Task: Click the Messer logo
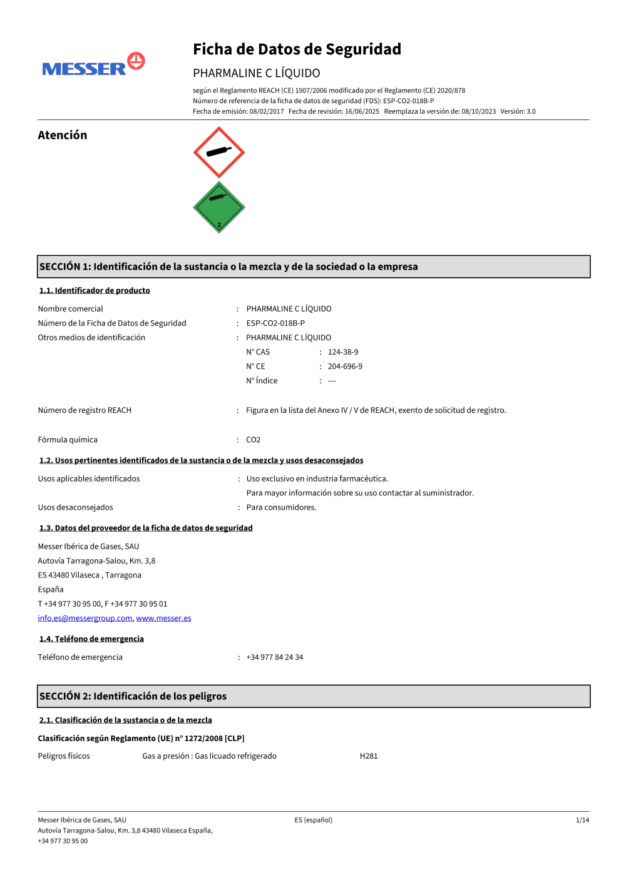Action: (x=93, y=65)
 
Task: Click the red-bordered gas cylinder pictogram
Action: (x=218, y=152)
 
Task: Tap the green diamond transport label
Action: (x=218, y=208)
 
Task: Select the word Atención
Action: (x=63, y=135)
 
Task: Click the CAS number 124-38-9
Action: (x=343, y=352)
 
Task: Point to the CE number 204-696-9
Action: (x=345, y=367)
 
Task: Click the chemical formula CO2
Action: (x=253, y=440)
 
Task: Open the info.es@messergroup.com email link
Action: (x=85, y=618)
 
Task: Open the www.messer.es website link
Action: (x=163, y=618)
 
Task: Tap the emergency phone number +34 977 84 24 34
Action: (x=274, y=657)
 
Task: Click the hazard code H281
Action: (x=369, y=756)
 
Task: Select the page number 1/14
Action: (x=582, y=820)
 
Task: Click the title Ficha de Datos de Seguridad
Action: (x=297, y=49)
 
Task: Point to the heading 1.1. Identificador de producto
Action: (x=95, y=290)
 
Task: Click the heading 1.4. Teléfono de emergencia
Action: (x=91, y=639)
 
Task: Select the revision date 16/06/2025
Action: (x=362, y=111)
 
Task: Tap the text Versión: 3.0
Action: (x=518, y=111)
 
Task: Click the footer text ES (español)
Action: (x=314, y=820)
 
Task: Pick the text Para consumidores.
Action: (x=281, y=507)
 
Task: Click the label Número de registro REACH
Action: (x=85, y=410)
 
